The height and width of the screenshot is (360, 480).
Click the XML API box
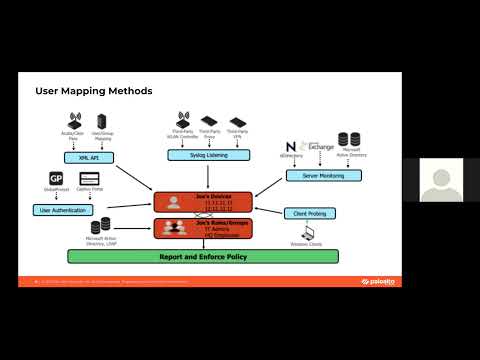coord(86,158)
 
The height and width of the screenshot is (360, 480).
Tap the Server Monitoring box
coord(317,176)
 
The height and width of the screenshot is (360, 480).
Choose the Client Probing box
coord(309,213)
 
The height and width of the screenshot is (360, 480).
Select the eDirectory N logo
coord(292,148)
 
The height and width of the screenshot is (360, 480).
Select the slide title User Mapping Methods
coord(94,91)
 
